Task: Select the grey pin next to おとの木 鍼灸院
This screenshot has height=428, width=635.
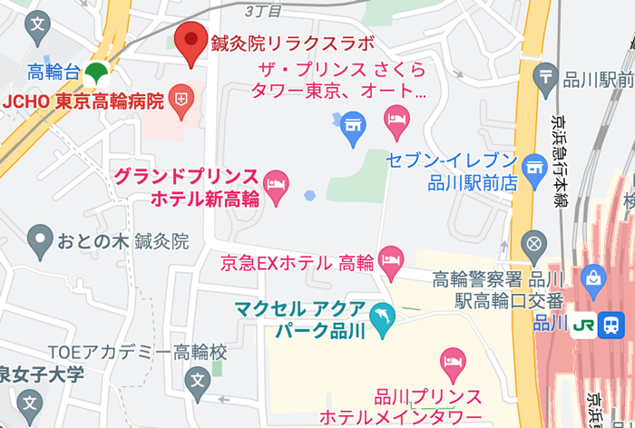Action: (39, 240)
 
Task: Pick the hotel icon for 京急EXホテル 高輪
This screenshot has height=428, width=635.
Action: (391, 262)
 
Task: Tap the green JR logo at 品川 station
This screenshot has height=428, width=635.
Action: (583, 324)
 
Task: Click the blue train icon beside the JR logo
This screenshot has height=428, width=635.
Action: (611, 324)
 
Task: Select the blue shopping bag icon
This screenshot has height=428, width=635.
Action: (594, 280)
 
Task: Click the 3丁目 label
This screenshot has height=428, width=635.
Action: (263, 11)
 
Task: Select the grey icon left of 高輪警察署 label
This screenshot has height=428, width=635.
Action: (534, 244)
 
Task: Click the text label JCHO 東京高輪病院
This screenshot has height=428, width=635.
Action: (84, 100)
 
